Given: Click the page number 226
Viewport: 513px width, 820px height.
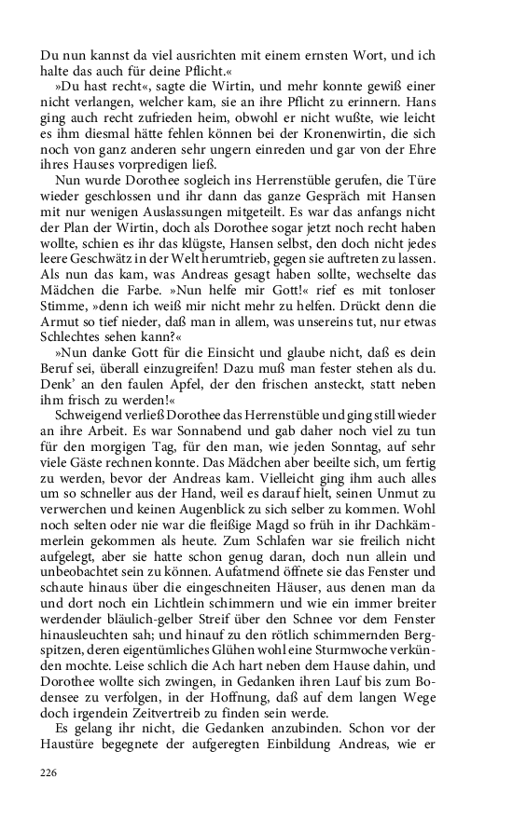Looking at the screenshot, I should click(49, 772).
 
